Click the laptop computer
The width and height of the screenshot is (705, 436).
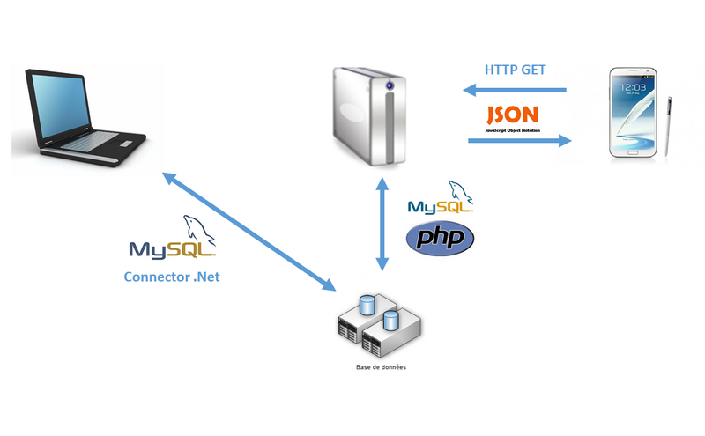click(x=79, y=115)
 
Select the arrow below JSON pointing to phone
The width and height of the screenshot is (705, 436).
click(x=519, y=138)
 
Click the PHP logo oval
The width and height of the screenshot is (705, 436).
click(x=440, y=238)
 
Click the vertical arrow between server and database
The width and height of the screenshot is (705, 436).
click(x=382, y=222)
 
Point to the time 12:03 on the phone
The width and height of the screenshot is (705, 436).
click(x=636, y=88)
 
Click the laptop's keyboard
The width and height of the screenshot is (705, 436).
click(x=101, y=141)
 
